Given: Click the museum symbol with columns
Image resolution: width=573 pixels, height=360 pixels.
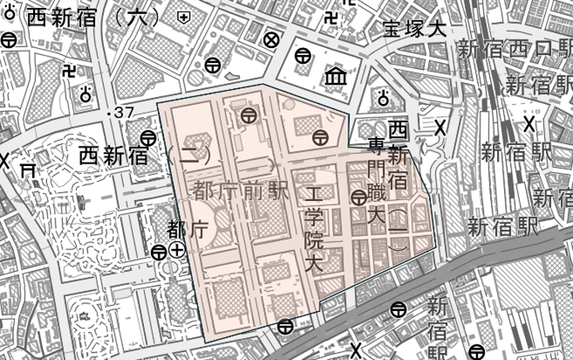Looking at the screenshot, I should pyautogui.click(x=335, y=80).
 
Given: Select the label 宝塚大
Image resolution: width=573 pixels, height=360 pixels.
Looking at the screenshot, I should pyautogui.click(x=414, y=28).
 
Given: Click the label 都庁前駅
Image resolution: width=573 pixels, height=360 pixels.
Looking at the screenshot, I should pyautogui.click(x=230, y=189).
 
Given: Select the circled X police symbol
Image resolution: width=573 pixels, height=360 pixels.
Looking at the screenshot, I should pyautogui.click(x=272, y=39).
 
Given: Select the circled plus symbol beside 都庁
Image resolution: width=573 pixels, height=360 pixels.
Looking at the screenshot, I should pyautogui.click(x=177, y=251).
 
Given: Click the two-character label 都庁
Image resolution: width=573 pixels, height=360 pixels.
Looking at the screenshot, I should pyautogui.click(x=186, y=230).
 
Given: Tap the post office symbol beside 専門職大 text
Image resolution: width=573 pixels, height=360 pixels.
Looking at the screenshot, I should pyautogui.click(x=358, y=198).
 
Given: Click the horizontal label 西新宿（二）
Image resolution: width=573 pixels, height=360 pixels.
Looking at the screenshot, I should pyautogui.click(x=140, y=157).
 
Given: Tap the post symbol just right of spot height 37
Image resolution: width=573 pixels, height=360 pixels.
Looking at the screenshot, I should pyautogui.click(x=148, y=136).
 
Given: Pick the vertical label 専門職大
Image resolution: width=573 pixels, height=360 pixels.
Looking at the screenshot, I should pyautogui.click(x=376, y=179).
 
